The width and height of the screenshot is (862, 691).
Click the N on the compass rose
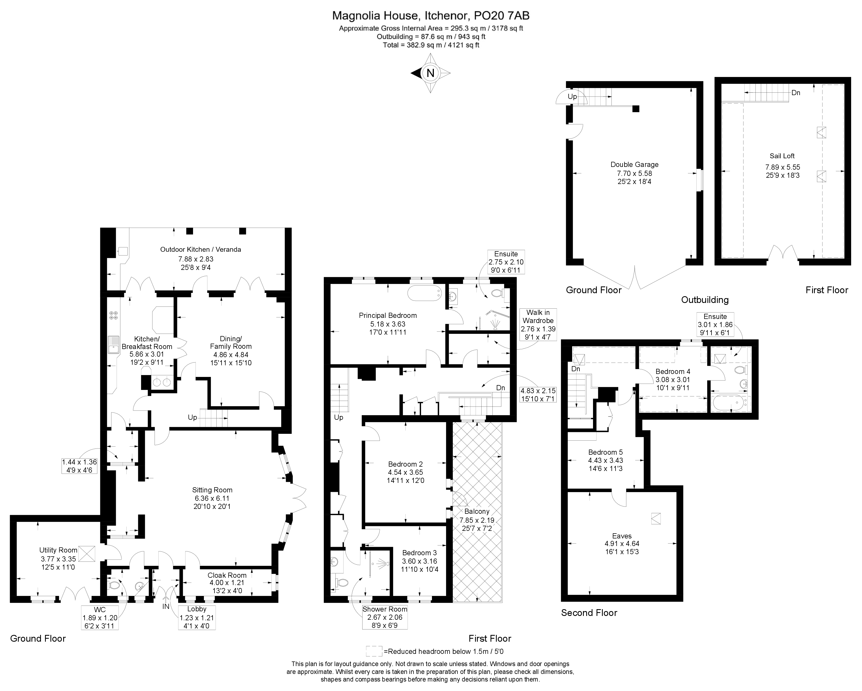pos(430,73)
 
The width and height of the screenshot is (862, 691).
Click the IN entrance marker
pos(166,606)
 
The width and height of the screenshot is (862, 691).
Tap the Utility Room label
pos(58,550)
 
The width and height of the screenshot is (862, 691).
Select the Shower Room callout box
pos(384,617)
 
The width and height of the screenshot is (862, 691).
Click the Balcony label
pos(477,511)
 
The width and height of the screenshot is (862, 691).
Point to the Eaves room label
pos(622,536)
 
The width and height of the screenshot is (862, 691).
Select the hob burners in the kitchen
pos(114,315)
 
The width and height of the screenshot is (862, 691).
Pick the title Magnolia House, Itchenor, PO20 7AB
pos(431,16)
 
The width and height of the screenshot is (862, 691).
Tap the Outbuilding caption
pos(705,299)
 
